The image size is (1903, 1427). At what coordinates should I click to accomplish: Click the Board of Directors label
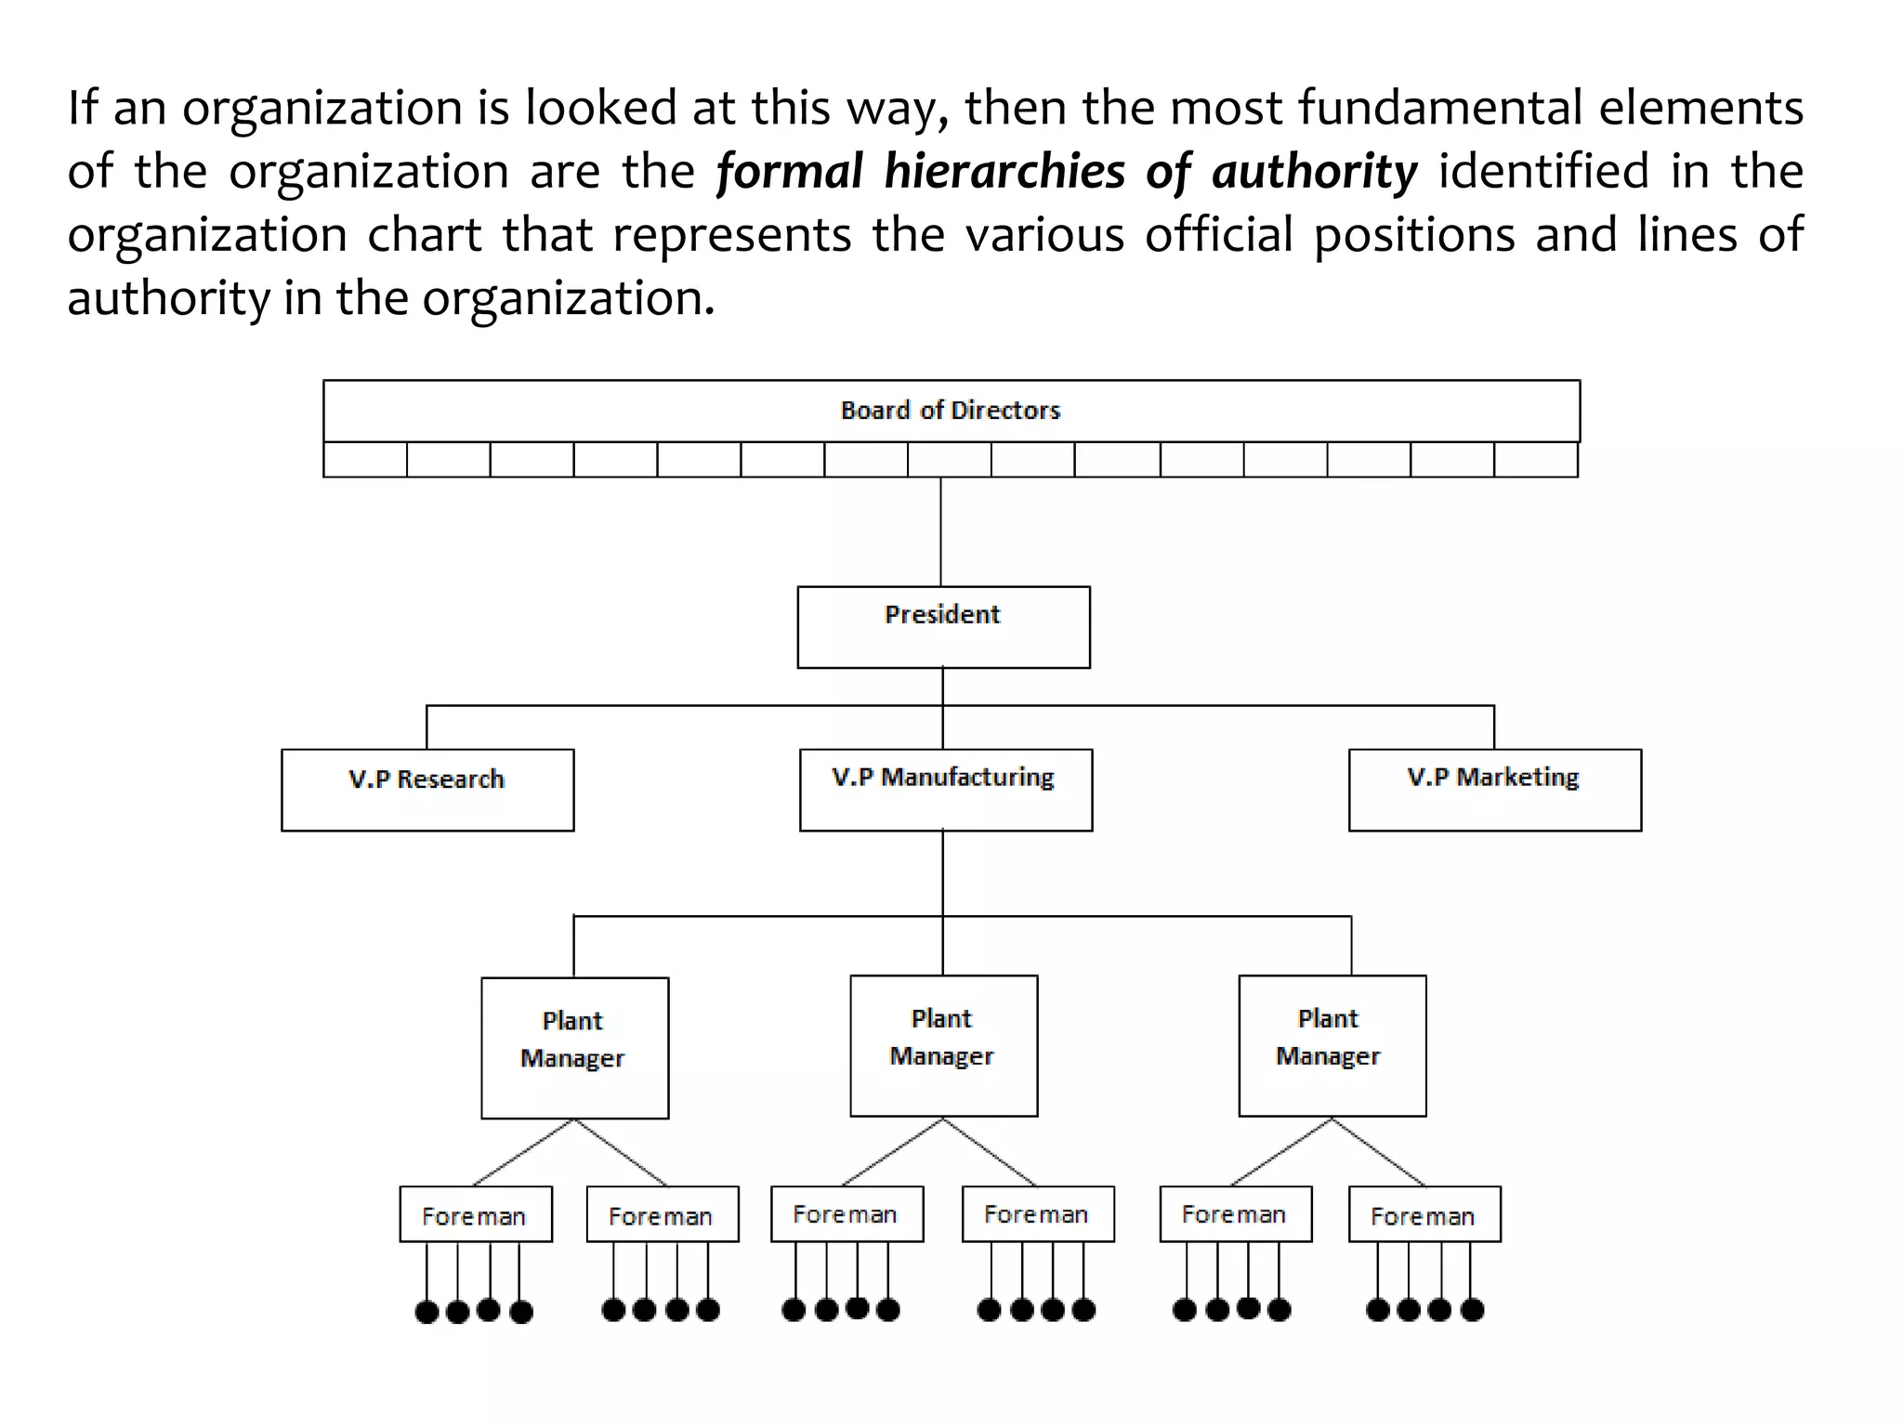coord(950,411)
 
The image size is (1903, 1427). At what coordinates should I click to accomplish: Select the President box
coord(943,627)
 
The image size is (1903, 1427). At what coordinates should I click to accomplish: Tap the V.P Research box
coord(427,790)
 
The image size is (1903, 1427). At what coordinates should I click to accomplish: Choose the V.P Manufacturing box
coord(945,790)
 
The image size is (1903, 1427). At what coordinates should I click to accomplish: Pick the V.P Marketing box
coord(1494,790)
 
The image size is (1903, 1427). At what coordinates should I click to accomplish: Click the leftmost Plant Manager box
coord(574,1048)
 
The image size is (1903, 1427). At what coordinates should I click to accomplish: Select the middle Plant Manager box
coord(943,1045)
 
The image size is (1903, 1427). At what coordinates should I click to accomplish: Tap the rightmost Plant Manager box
coord(1332,1045)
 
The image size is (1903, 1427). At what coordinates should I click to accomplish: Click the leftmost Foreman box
coord(476,1214)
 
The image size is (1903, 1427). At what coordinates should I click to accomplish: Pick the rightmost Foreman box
coord(1424,1214)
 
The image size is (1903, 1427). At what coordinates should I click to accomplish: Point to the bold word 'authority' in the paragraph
coord(1314,173)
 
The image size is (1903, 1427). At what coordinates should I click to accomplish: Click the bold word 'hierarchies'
coord(1004,173)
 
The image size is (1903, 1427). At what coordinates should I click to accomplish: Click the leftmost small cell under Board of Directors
coord(365,460)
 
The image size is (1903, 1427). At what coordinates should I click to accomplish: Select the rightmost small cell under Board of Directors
coord(1536,460)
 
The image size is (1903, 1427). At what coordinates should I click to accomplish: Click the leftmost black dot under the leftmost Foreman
coord(427,1312)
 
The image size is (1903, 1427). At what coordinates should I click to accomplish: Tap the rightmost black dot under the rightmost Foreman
coord(1472,1310)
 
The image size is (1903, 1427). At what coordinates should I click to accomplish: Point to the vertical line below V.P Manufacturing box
coord(943,873)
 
